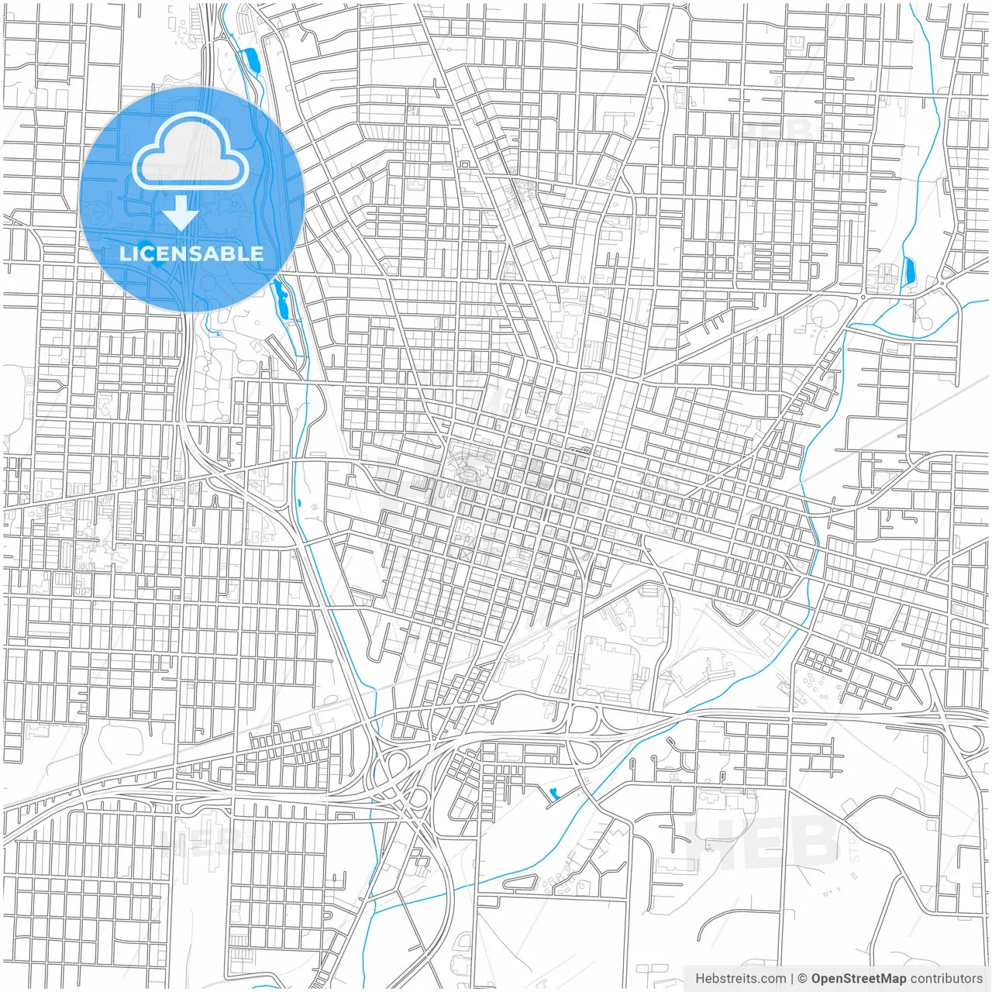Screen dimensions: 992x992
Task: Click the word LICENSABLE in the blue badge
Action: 191,253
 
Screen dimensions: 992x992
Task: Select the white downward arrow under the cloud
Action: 181,212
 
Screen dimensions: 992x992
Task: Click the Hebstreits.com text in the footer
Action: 740,979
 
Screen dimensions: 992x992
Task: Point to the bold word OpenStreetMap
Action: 858,979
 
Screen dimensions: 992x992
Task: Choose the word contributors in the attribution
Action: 945,979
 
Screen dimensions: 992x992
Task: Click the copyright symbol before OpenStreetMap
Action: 803,979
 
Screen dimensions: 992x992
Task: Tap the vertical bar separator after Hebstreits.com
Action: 792,979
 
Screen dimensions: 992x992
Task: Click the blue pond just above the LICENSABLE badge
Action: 250,60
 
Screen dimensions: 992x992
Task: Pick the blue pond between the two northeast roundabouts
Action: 909,271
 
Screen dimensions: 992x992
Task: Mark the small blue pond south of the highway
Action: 553,794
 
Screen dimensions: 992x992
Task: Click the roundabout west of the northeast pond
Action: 863,296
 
